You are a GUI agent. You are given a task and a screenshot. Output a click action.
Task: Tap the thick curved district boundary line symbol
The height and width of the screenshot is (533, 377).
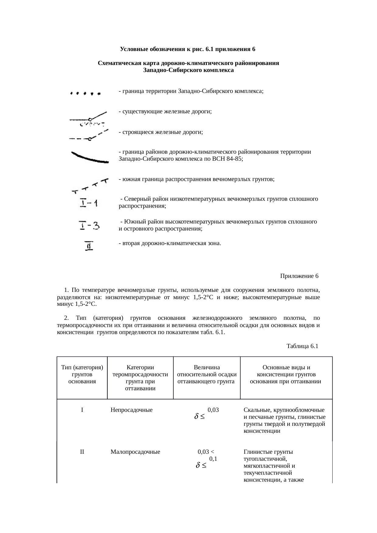coord(89,158)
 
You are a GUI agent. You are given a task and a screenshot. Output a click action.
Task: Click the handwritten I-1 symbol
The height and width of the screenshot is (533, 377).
coord(88,203)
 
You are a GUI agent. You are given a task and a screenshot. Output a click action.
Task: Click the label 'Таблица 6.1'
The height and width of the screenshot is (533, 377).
coord(302,346)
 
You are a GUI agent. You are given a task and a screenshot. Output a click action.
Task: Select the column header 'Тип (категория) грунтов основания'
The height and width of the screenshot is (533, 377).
coord(82,374)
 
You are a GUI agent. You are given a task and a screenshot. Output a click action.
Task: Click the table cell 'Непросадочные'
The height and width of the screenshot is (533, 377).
coord(131,410)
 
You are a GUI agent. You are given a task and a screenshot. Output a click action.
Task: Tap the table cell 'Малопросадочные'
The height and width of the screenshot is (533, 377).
coord(135,452)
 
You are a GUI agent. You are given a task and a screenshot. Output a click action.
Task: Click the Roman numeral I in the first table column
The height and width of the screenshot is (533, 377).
coord(82,410)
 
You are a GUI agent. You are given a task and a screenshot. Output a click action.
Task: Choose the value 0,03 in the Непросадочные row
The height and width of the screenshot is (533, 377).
coord(213,410)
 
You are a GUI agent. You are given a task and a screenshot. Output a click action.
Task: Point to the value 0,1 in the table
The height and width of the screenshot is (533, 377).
coord(213,459)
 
